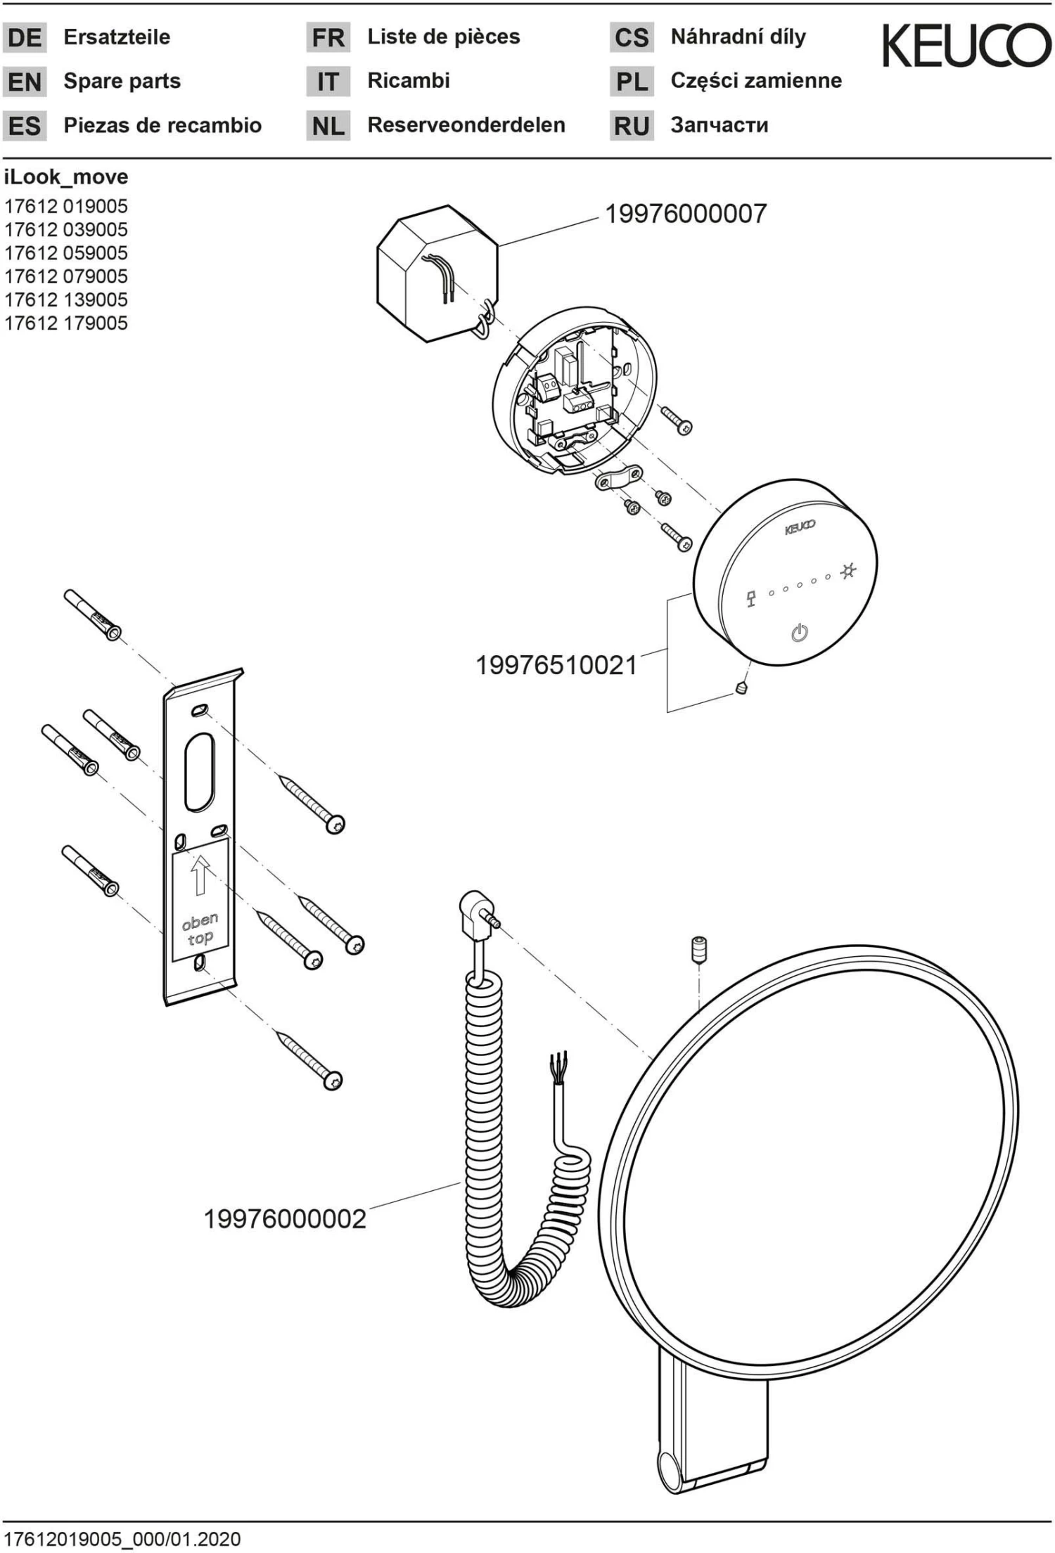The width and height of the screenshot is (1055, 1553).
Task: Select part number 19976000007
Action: pos(685,214)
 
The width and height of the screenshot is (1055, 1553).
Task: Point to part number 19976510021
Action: pos(556,665)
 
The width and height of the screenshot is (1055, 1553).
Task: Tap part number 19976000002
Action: pos(285,1218)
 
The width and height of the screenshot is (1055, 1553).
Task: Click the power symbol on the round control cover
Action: pos(800,633)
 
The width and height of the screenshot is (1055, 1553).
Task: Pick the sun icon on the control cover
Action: pos(848,571)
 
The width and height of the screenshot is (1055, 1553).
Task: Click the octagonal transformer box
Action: pos(436,274)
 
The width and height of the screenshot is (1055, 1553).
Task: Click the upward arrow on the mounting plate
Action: pos(200,874)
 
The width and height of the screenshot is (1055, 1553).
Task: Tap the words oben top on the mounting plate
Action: pos(200,929)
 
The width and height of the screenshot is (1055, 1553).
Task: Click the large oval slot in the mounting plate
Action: pos(200,771)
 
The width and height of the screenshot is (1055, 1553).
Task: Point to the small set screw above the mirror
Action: pos(698,949)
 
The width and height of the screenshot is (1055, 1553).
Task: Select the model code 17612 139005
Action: pos(66,300)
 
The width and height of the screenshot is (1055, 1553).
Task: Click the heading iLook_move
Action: pos(66,177)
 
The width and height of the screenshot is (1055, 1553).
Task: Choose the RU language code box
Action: pos(631,126)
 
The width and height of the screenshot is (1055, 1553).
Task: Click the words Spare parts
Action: pos(122,82)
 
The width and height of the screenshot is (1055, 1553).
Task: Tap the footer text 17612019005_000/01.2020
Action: pos(122,1539)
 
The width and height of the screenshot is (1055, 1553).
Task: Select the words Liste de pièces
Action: pos(443,37)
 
